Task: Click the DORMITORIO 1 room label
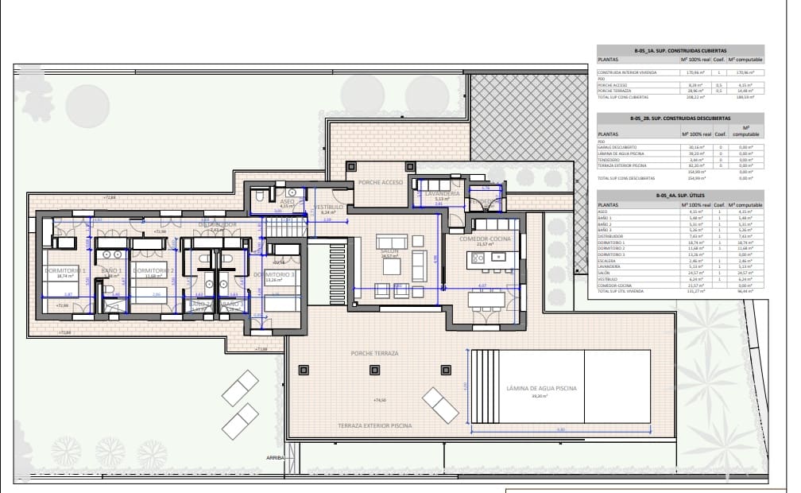tap(65, 270)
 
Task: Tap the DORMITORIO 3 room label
tap(274, 274)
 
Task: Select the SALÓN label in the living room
tap(389, 250)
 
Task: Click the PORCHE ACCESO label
tap(380, 182)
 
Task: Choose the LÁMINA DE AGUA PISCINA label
tap(527, 389)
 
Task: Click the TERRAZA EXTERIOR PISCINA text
tap(375, 426)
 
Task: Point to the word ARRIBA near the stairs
tap(275, 459)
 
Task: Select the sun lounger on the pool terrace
tap(440, 404)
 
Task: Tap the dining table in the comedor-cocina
tap(485, 300)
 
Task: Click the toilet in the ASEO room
tap(292, 192)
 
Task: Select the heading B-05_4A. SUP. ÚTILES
tap(679, 195)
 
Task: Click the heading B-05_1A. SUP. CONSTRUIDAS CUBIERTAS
tap(679, 50)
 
